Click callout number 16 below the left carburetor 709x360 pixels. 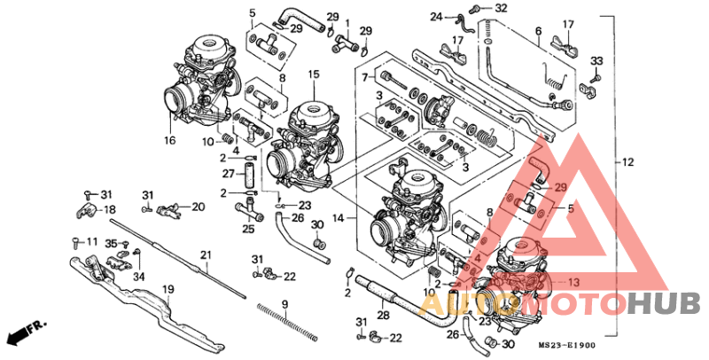tap(170, 140)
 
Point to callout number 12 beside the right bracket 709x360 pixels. tap(627, 162)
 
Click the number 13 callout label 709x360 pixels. tap(574, 282)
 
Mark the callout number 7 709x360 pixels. tap(363, 79)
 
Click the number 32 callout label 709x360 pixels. tap(502, 8)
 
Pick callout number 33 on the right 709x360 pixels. tap(596, 60)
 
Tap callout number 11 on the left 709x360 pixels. tap(90, 241)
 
